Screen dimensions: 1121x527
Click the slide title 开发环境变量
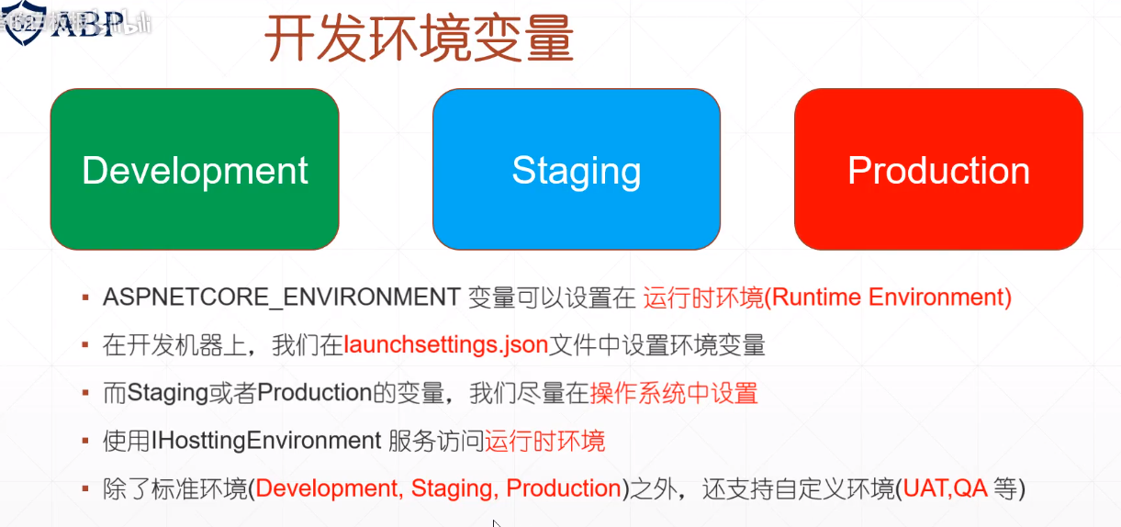(x=420, y=39)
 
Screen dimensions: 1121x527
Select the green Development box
(x=195, y=170)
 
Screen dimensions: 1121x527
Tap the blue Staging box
(x=576, y=170)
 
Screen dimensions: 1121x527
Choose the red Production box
(x=938, y=170)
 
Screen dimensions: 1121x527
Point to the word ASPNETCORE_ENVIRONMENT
(x=282, y=297)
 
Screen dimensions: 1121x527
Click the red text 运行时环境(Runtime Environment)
(x=827, y=297)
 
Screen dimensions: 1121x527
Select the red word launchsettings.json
(x=446, y=345)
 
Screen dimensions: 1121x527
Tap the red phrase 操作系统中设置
(x=674, y=393)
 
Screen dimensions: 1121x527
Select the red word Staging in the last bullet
(x=454, y=488)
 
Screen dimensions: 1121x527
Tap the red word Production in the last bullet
(x=564, y=488)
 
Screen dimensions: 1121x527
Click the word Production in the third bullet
(x=314, y=393)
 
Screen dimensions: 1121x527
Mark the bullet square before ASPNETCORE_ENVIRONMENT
(x=85, y=298)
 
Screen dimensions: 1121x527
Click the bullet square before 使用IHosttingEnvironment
(x=85, y=442)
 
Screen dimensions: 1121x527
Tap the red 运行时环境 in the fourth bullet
(x=545, y=441)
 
